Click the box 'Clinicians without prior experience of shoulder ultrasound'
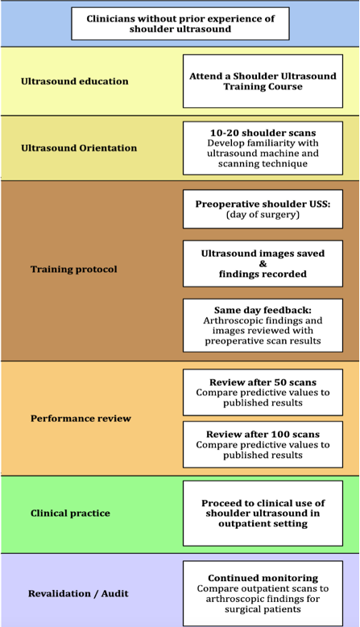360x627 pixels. pos(180,23)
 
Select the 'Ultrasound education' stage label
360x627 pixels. pos(75,81)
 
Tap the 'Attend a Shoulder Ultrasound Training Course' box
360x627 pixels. pos(263,81)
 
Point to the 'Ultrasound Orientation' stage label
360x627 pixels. pos(79,148)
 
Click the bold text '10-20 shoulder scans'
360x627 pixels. pos(263,133)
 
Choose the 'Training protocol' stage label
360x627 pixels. pos(74,269)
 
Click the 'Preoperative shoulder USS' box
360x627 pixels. pos(263,209)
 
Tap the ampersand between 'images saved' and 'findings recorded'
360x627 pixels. pos(263,264)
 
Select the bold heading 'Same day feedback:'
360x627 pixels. pos(263,311)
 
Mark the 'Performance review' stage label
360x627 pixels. pos(81,419)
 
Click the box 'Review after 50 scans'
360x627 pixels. pos(263,392)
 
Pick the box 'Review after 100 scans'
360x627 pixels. pos(263,444)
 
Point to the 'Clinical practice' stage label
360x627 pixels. pos(70,513)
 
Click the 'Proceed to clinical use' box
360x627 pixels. pos(263,514)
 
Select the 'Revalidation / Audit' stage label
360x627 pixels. pos(78,593)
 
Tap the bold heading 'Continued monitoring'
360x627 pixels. pos(263,578)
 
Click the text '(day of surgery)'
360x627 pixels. pos(263,214)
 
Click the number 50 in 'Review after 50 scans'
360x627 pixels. pos(275,382)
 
